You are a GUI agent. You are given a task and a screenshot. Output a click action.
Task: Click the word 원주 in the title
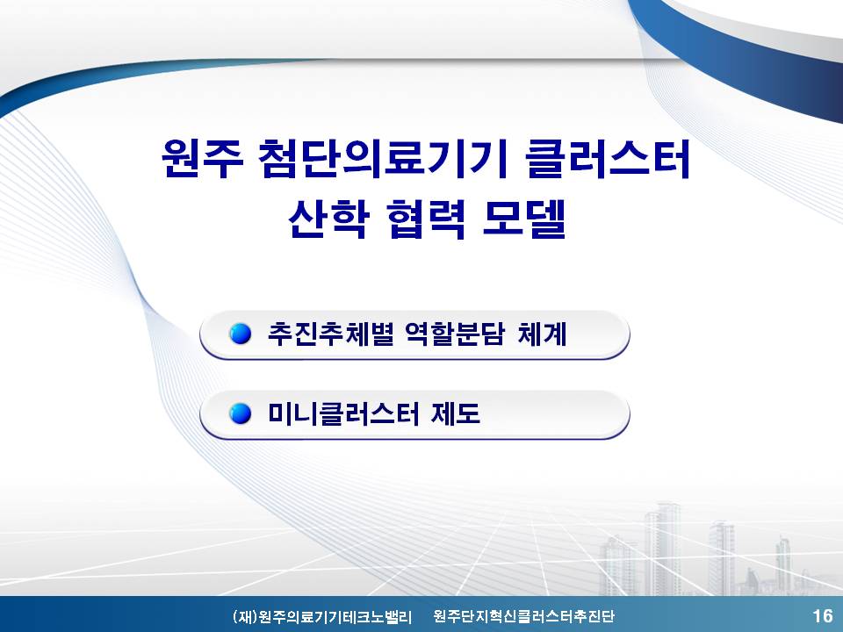(x=202, y=159)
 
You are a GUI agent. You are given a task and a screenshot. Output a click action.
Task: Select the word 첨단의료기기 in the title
(x=384, y=159)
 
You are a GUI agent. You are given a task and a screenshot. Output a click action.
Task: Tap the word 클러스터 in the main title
(x=608, y=159)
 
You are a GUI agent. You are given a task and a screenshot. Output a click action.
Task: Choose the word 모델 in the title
(x=524, y=219)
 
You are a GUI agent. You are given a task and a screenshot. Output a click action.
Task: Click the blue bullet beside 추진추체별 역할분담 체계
(x=241, y=334)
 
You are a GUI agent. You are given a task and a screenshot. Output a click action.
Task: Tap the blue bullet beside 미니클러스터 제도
(x=241, y=413)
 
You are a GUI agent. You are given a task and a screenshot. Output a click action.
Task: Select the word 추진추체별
(x=331, y=334)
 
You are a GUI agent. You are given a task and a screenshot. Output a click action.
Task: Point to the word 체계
(x=542, y=334)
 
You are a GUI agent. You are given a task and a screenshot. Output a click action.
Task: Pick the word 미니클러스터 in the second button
(x=343, y=413)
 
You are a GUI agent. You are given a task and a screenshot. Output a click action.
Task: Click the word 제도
(x=456, y=413)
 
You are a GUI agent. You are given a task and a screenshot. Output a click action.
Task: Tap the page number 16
(x=823, y=616)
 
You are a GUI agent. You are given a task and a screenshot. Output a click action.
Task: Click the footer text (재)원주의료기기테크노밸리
(x=322, y=616)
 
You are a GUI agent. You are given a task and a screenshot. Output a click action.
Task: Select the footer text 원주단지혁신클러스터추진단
(x=523, y=616)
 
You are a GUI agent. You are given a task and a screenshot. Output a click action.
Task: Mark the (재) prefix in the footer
(x=245, y=616)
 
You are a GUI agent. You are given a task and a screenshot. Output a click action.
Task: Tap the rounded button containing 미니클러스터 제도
(x=414, y=415)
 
